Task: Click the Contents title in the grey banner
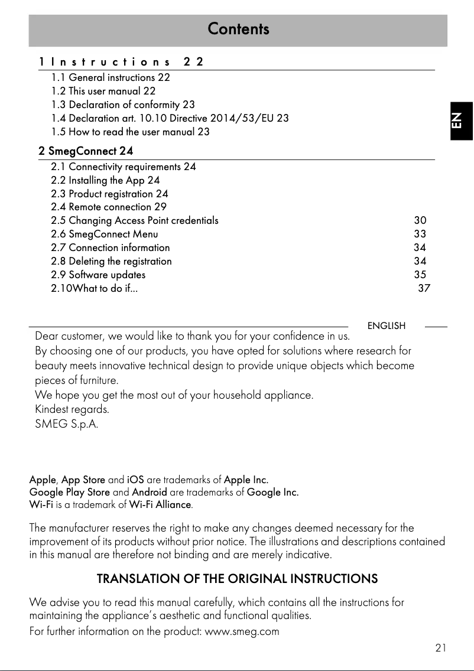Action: point(238,29)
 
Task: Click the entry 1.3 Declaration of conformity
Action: point(123,105)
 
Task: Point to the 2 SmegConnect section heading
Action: point(86,152)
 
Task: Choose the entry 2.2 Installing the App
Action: point(105,180)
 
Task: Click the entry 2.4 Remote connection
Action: point(109,207)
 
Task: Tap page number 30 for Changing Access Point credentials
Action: point(420,220)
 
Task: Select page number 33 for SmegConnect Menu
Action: point(420,234)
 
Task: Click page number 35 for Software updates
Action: point(420,275)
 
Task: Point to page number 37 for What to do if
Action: point(424,288)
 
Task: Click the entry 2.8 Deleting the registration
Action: point(111,261)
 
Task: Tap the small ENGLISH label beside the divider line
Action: point(387,326)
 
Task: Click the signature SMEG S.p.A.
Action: point(67,424)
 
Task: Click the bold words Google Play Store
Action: point(70,492)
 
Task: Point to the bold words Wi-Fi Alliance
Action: point(160,505)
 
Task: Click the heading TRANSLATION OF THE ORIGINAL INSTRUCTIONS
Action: point(237,578)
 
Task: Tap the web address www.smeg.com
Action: point(241,631)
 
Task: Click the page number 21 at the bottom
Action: point(440,648)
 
